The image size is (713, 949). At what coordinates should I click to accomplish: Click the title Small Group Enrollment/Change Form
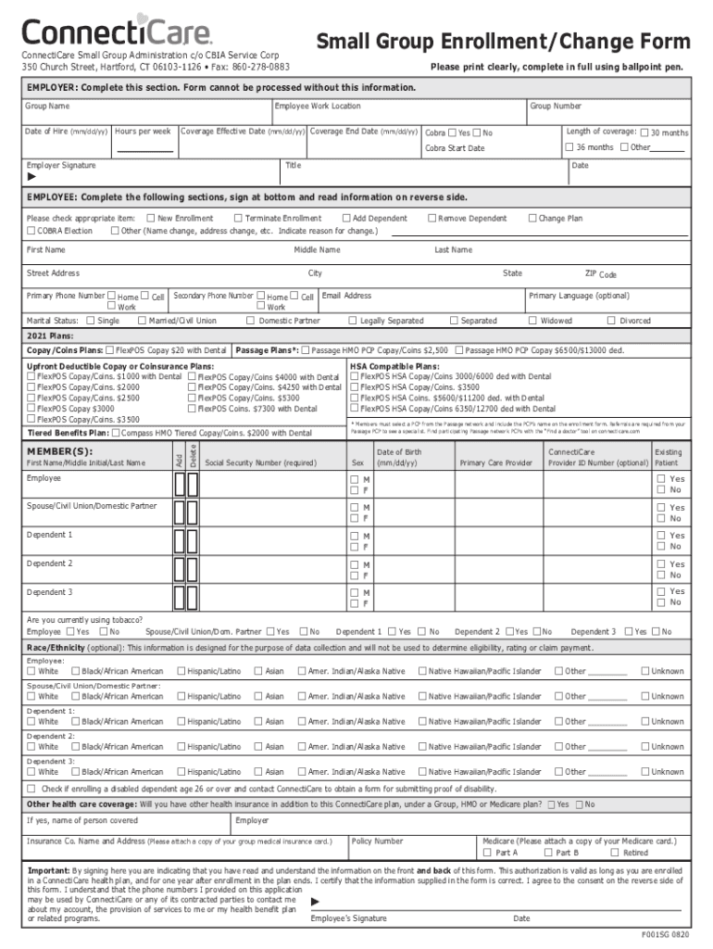pos(504,42)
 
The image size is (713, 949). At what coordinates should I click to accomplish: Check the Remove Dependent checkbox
pos(432,218)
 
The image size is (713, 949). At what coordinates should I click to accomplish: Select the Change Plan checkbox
pos(532,218)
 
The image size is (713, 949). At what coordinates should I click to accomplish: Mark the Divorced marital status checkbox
pos(611,321)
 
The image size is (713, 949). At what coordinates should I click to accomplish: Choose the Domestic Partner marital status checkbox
pos(251,321)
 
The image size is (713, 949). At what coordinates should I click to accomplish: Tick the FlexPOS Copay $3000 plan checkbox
pos(31,409)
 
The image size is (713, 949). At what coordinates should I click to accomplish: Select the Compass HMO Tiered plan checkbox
pos(115,432)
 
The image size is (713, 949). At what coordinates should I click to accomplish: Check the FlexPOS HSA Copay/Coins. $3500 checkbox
pos(355,387)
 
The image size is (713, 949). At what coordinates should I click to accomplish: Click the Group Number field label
pos(556,107)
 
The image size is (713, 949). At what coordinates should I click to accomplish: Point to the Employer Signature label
pos(61,166)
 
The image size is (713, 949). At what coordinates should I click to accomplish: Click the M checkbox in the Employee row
pos(354,479)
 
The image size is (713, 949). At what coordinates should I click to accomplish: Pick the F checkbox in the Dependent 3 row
pos(354,603)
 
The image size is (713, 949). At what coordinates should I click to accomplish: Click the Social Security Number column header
pos(260,462)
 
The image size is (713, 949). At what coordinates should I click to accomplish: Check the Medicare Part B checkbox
pos(548,853)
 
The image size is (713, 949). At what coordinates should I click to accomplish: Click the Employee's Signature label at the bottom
pos(348,918)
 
